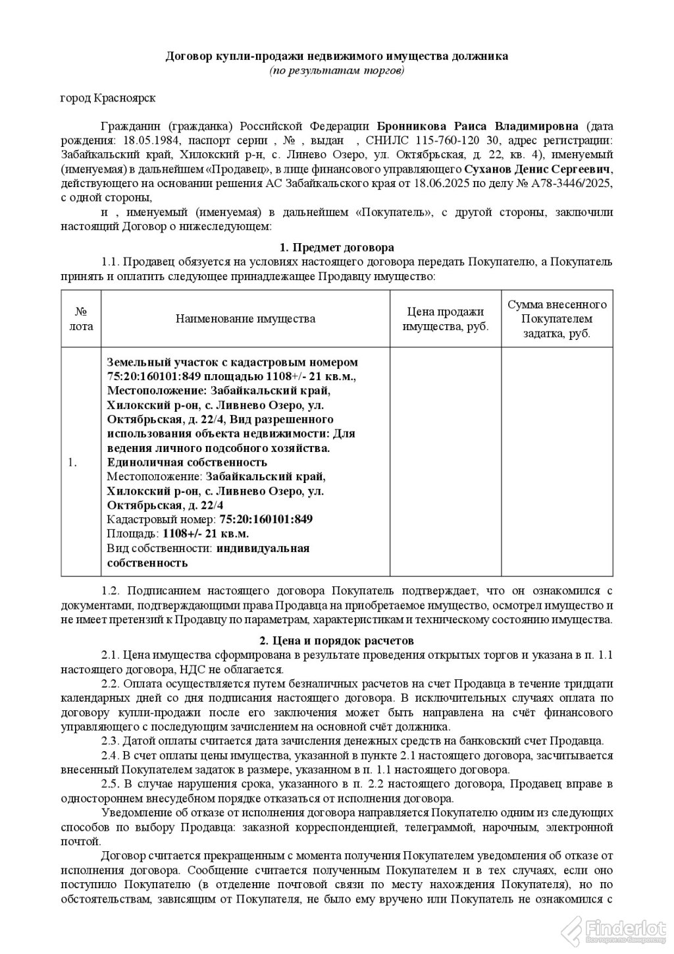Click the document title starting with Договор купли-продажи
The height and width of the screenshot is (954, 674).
coord(336,57)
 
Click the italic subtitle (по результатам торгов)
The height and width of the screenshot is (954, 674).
coord(336,70)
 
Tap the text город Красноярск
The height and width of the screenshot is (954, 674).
coord(107,98)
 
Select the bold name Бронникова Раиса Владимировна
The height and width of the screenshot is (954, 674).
coord(478,126)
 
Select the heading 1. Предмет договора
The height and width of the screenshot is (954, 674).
coord(336,248)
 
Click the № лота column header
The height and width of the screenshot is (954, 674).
coord(81,318)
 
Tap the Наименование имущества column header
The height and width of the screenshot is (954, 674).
coord(245,319)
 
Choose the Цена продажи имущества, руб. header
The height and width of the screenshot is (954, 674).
coord(446,319)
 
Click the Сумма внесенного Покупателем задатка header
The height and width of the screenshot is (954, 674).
coord(557,319)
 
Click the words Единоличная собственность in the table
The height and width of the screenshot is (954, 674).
coord(186,463)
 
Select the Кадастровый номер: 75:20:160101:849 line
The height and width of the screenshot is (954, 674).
coord(209,519)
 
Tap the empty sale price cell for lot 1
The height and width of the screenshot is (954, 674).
coord(446,461)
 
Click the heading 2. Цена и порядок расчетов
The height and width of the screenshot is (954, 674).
coord(336,640)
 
